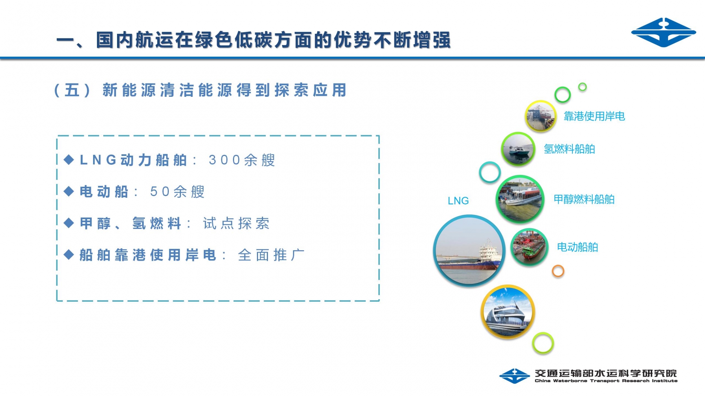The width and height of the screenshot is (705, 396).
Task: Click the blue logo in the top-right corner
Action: pyautogui.click(x=663, y=32)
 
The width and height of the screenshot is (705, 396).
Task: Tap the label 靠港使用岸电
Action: pyautogui.click(x=594, y=116)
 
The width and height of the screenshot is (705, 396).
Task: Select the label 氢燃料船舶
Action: pyautogui.click(x=569, y=149)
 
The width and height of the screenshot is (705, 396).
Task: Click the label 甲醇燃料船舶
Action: pyautogui.click(x=584, y=199)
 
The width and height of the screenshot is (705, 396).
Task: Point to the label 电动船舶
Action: pyautogui.click(x=577, y=247)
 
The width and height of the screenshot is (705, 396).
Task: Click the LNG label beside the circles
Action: pyautogui.click(x=458, y=201)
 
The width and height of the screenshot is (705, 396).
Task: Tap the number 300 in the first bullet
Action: pyautogui.click(x=225, y=160)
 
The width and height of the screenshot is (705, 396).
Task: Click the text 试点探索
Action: pyautogui.click(x=236, y=223)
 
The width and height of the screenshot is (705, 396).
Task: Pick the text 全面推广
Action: pyautogui.click(x=271, y=255)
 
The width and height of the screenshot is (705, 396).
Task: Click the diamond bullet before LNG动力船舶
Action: pyautogui.click(x=69, y=160)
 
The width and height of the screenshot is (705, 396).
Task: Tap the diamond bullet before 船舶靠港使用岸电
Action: pyautogui.click(x=69, y=254)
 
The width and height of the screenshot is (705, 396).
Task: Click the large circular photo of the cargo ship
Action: pyautogui.click(x=469, y=251)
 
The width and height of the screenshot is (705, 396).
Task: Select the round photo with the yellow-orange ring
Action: pyautogui.click(x=508, y=312)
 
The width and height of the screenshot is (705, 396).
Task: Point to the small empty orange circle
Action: pyautogui.click(x=558, y=271)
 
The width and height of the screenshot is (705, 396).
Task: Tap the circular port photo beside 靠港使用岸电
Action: pyautogui.click(x=540, y=116)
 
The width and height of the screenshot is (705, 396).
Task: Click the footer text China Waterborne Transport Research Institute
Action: pyautogui.click(x=606, y=381)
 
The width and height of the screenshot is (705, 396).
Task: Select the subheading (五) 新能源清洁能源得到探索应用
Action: pyautogui.click(x=201, y=90)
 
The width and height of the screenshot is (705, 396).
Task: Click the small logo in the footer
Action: pyautogui.click(x=514, y=376)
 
